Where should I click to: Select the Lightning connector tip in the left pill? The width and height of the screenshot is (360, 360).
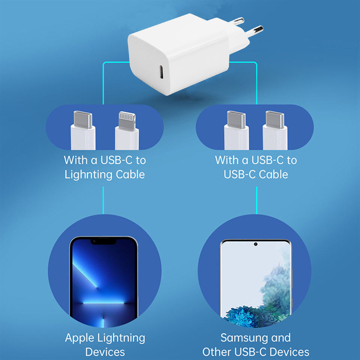click(126, 120)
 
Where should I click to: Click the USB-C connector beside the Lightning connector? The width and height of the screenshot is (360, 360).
click(82, 120)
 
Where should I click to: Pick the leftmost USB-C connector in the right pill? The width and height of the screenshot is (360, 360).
click(236, 120)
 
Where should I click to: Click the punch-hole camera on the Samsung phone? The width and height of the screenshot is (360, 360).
click(256, 244)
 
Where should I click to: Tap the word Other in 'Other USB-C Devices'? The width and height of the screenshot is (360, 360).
click(219, 352)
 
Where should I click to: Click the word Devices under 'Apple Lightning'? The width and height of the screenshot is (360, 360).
click(105, 352)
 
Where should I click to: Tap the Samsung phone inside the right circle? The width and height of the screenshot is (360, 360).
click(256, 281)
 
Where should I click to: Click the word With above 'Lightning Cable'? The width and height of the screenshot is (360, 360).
click(75, 160)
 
